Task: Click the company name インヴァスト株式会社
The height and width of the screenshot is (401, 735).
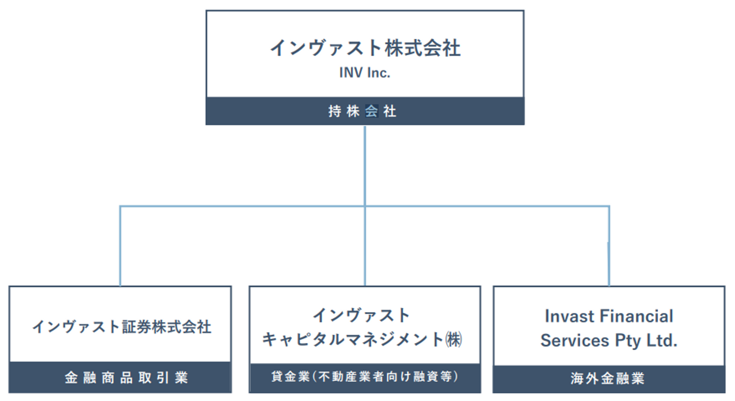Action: click(x=365, y=48)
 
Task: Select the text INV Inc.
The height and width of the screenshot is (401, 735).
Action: click(x=364, y=73)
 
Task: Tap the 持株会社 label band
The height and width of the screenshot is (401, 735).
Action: click(x=365, y=111)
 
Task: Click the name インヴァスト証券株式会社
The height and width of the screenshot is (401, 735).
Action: click(x=121, y=327)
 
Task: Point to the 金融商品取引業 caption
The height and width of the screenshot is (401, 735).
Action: click(x=127, y=378)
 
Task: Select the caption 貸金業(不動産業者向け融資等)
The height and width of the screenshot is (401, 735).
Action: click(x=364, y=377)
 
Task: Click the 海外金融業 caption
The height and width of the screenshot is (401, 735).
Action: click(x=607, y=379)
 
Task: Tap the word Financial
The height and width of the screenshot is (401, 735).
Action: click(x=636, y=316)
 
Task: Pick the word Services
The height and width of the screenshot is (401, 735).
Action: click(x=575, y=340)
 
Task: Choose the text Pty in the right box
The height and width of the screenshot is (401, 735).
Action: click(x=628, y=342)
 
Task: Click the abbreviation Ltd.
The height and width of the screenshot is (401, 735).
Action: click(x=662, y=340)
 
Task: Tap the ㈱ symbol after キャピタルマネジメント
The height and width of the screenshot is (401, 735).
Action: click(x=454, y=339)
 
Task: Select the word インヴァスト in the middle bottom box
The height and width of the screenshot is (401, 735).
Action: click(x=361, y=315)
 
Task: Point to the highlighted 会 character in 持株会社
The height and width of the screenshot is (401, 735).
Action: click(x=372, y=111)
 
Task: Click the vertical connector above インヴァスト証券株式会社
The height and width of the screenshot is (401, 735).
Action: click(x=120, y=246)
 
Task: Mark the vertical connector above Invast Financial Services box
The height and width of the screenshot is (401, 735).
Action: click(x=609, y=246)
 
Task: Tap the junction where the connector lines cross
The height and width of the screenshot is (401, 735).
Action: click(x=365, y=206)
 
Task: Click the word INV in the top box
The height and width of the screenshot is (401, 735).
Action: click(x=351, y=73)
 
